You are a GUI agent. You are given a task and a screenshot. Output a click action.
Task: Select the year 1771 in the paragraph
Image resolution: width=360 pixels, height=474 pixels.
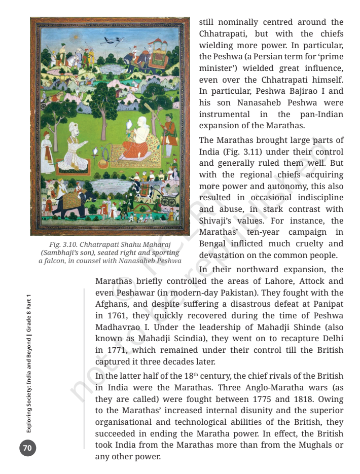click(107, 350)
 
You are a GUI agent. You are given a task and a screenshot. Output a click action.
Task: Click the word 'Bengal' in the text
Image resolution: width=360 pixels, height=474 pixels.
click(213, 244)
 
